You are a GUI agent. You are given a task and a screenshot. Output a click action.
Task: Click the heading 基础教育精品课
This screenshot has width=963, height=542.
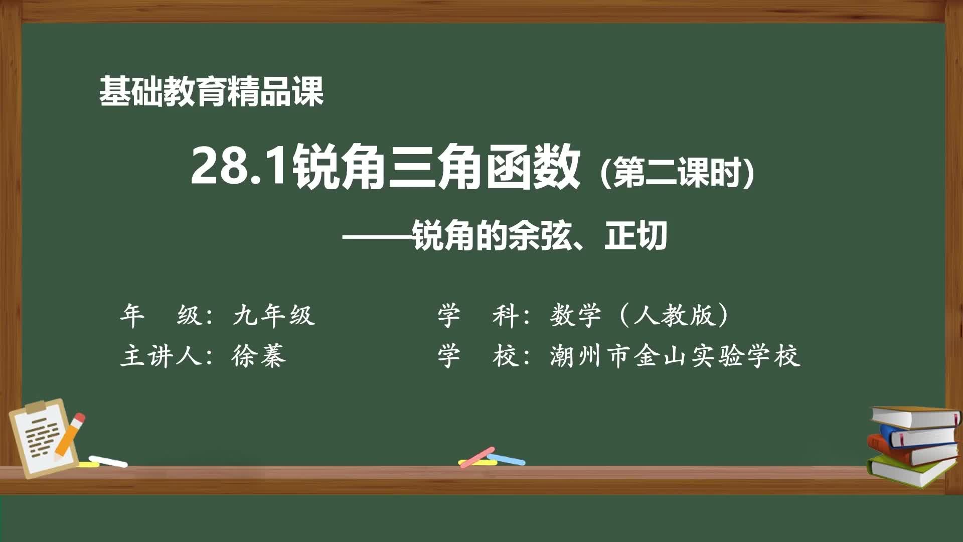pyautogui.click(x=211, y=91)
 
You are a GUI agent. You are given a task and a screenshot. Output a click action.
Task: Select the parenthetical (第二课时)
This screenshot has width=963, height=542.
pyautogui.click(x=677, y=172)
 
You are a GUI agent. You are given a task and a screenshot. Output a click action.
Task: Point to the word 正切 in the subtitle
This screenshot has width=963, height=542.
pyautogui.click(x=635, y=235)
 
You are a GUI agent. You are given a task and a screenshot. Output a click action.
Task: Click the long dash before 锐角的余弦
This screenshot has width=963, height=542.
pyautogui.click(x=377, y=236)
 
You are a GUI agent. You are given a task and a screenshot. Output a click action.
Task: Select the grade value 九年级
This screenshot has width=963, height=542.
pyautogui.click(x=274, y=316)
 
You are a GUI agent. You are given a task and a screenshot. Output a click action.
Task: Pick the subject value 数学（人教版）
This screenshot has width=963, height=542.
pyautogui.click(x=639, y=316)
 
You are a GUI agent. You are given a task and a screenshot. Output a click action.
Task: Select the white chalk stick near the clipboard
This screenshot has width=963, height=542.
pyautogui.click(x=108, y=461)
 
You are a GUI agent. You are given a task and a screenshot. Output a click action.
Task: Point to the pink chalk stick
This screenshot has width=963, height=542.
pyautogui.click(x=476, y=457)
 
